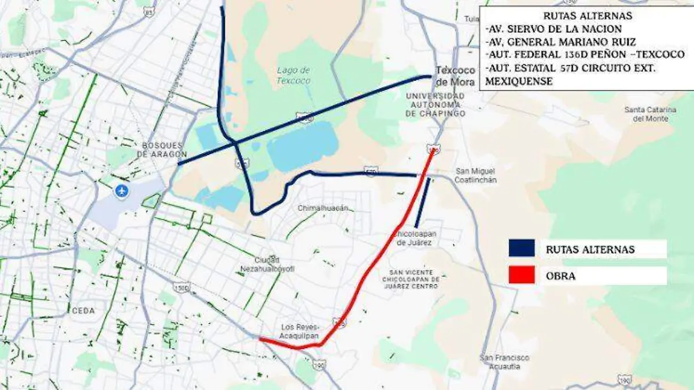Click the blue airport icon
[121, 191]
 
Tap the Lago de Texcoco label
[293, 75]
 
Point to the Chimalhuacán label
[323, 208]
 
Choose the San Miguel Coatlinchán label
[475, 175]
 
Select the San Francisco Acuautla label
[504, 362]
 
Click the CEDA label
[83, 311]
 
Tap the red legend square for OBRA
[521, 276]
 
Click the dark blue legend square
[521, 249]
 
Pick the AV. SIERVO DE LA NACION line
[554, 29]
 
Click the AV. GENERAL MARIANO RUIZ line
[561, 42]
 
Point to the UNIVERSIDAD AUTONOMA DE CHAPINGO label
[435, 105]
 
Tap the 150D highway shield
[182, 287]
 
